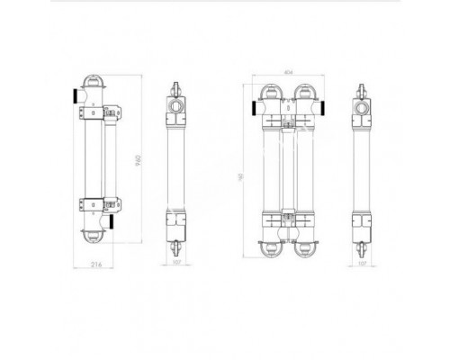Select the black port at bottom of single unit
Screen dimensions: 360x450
click(113, 221)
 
